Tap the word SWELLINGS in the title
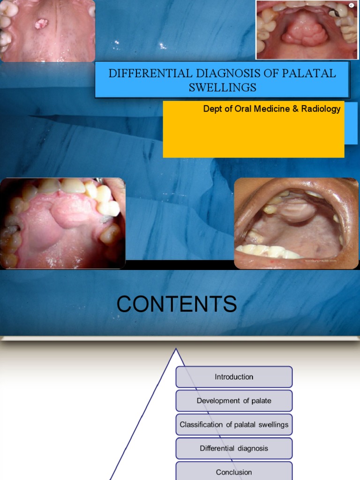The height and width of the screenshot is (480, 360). (x=223, y=87)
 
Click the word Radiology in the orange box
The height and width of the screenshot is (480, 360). (x=321, y=109)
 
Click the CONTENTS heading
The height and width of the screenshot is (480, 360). (x=177, y=305)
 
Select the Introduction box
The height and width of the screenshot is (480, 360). (x=234, y=377)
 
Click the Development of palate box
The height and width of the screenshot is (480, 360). (x=234, y=401)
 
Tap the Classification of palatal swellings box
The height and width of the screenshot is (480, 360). (x=234, y=425)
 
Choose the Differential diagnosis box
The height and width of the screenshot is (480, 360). (x=234, y=449)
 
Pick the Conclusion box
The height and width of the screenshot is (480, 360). (x=234, y=471)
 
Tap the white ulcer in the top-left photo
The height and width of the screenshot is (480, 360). (x=42, y=23)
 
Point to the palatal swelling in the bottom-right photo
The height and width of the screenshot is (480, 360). (x=297, y=210)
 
